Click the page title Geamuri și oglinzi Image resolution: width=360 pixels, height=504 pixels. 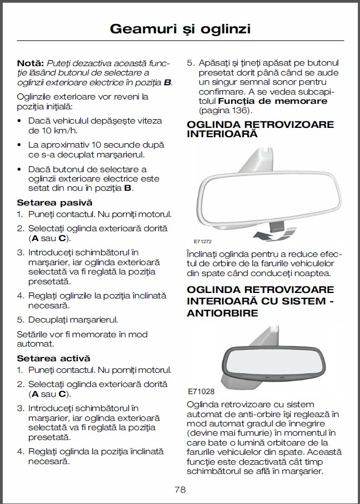pyautogui.click(x=180, y=28)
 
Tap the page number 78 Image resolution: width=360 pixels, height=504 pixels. pyautogui.click(x=180, y=489)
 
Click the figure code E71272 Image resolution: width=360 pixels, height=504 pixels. pyautogui.click(x=203, y=241)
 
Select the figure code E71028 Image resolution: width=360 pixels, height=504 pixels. pyautogui.click(x=200, y=391)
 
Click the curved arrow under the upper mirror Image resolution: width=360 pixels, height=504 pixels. pyautogui.click(x=264, y=235)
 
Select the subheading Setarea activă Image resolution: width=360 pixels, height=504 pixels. pyautogui.click(x=54, y=359)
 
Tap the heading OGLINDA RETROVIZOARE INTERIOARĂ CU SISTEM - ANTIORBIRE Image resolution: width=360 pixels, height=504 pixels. pyautogui.click(x=260, y=301)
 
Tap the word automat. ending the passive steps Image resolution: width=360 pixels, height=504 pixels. pyautogui.click(x=35, y=344)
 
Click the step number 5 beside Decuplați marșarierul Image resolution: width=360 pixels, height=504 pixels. pyautogui.click(x=19, y=319)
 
